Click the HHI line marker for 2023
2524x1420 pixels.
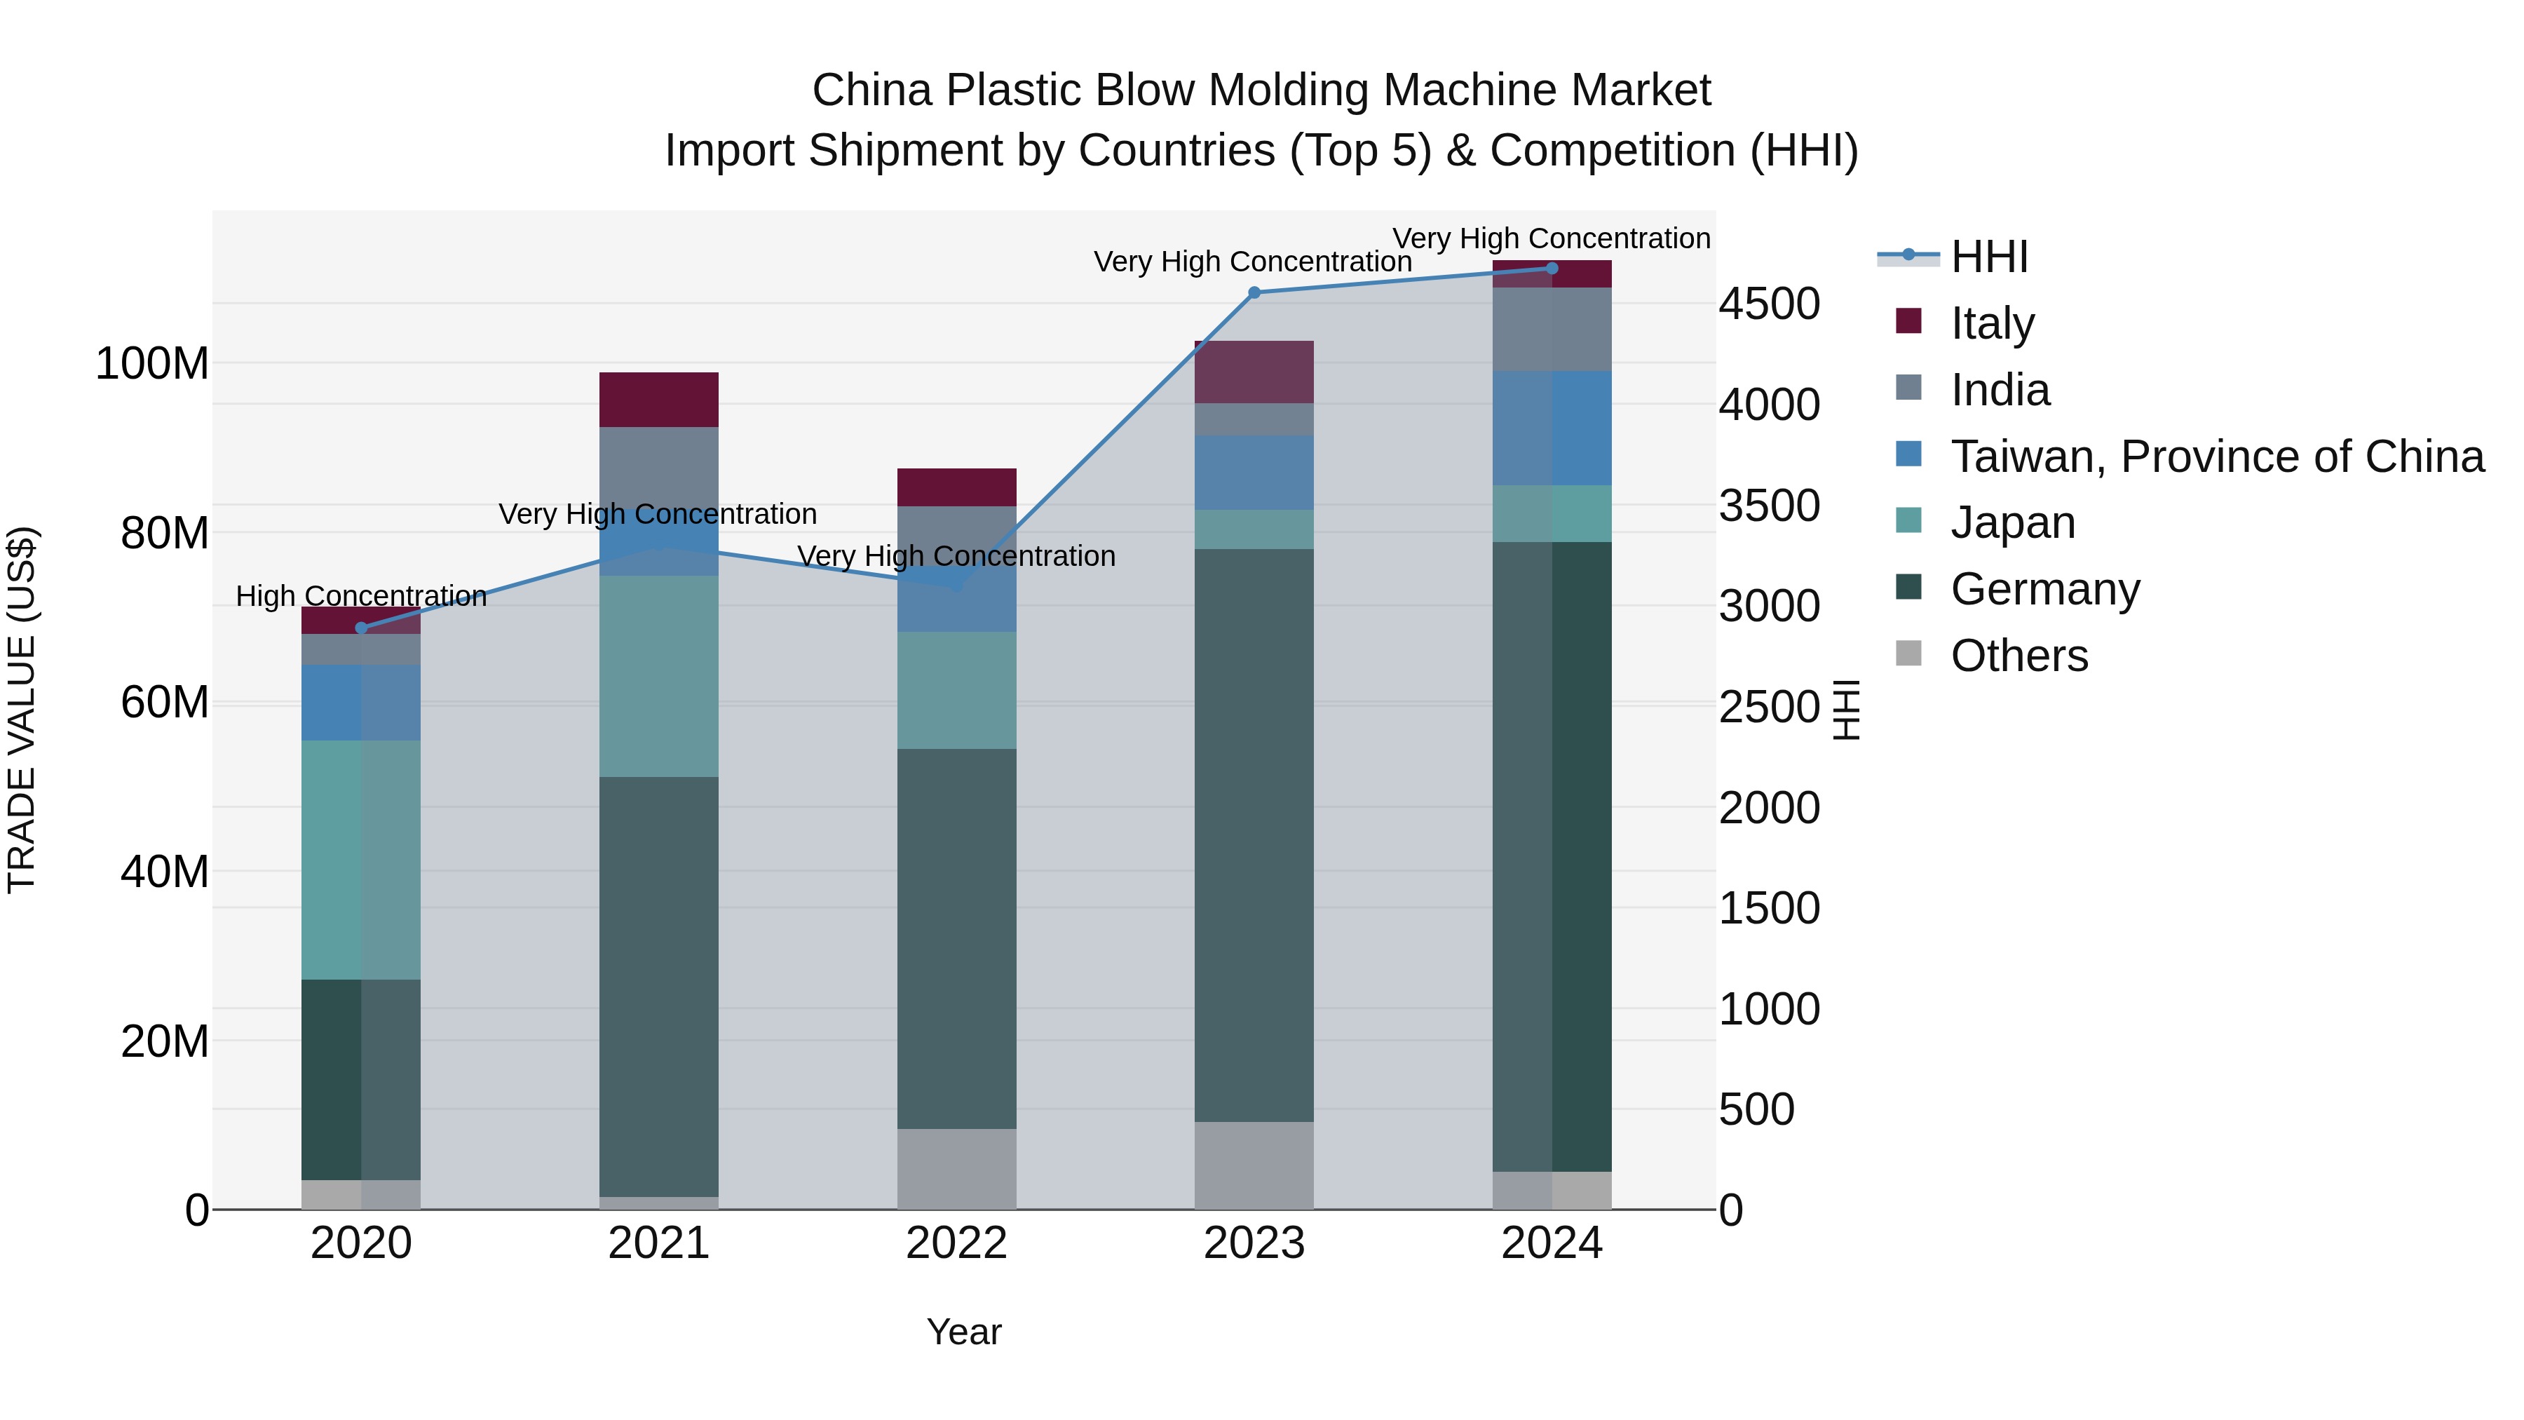1254,292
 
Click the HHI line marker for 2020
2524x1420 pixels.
362,628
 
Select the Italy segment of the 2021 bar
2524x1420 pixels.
658,399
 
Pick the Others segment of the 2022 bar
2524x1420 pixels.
956,1168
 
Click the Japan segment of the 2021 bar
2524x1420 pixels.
658,676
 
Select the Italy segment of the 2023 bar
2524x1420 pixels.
1254,372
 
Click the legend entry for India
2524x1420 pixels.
1999,390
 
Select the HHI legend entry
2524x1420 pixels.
1989,257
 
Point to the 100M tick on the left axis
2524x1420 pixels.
152,363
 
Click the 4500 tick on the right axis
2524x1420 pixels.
1769,304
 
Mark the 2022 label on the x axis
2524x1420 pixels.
956,1243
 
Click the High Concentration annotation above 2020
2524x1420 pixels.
362,596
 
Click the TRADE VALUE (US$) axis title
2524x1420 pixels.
22,710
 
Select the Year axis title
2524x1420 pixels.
964,1332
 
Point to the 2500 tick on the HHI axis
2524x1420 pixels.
1769,707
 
